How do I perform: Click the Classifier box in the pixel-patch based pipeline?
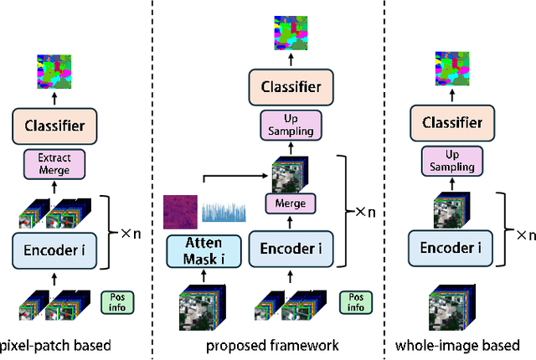54,126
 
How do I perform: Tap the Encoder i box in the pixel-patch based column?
54,249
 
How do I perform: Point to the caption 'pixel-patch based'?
55,345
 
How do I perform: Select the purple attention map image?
181,208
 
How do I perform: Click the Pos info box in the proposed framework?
356,301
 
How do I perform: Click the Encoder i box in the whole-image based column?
456,249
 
